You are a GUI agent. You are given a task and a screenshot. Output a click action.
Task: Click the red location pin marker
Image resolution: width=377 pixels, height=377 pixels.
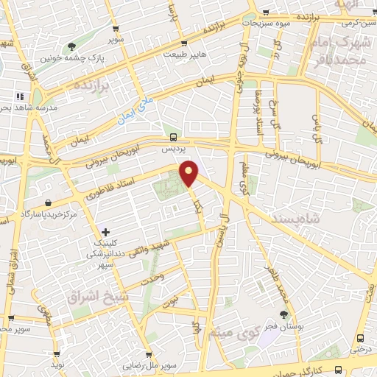coord(190,174)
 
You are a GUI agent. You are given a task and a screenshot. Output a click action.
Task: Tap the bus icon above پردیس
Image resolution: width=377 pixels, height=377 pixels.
coord(173,137)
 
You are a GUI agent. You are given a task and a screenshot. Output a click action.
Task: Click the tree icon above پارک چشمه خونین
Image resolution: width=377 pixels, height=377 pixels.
coord(71,46)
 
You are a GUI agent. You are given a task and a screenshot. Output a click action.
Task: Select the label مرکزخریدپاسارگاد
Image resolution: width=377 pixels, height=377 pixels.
coord(50,214)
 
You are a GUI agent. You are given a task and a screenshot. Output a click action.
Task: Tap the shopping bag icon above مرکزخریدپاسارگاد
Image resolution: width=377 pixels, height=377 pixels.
coord(48,202)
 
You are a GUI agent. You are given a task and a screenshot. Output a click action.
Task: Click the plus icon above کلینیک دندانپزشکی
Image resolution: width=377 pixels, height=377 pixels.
coord(106,232)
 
